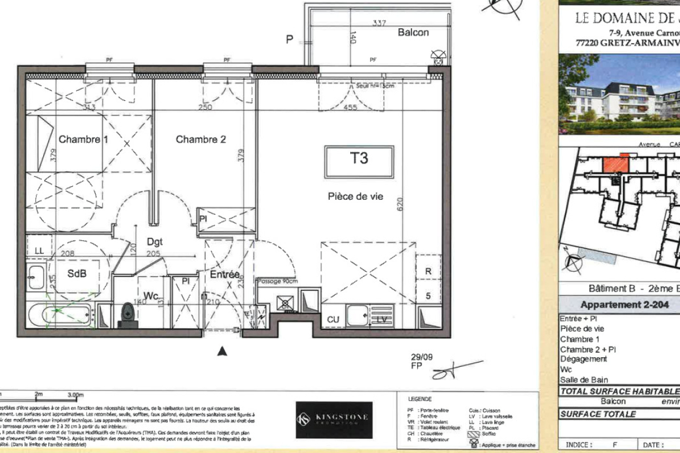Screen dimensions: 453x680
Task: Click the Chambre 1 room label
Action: coord(83,139)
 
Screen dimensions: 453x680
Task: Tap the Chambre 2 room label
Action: coord(201,139)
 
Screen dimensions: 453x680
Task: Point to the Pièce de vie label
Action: coord(355,196)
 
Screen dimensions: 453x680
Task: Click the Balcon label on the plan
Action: coord(413,32)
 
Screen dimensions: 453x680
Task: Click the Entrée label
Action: coord(225,274)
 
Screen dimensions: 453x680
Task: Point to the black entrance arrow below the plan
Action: coord(223,352)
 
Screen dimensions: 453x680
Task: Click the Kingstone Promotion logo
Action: coord(334,420)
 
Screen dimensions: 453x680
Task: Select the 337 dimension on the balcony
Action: coord(380,23)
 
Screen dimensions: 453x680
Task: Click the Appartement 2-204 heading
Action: coord(617,304)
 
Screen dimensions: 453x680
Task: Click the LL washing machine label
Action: coord(39,250)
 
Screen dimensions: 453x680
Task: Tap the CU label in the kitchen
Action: coord(333,320)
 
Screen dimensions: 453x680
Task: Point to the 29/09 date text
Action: coord(422,357)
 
